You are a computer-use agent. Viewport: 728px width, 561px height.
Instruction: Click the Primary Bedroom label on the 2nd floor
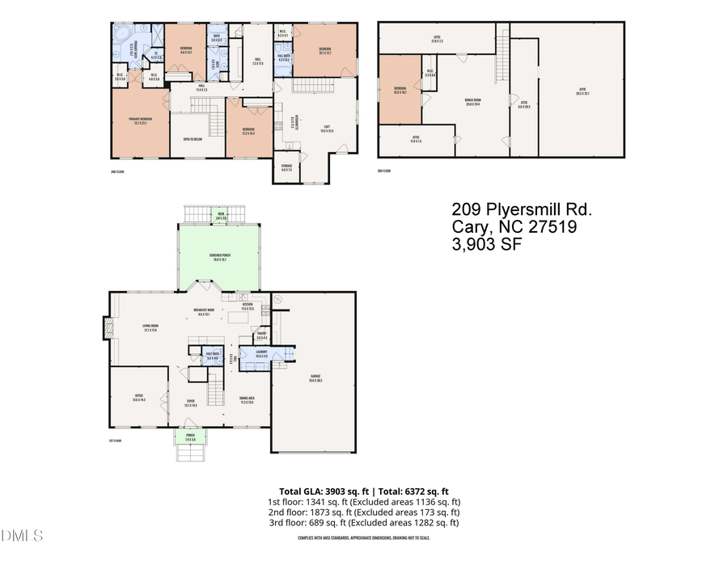coord(141,122)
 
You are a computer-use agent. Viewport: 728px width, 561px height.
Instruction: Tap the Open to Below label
coord(193,138)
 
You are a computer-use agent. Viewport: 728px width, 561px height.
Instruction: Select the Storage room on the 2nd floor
coord(286,168)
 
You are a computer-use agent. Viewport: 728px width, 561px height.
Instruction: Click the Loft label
coord(327,129)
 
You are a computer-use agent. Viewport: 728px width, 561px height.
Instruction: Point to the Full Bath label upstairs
coord(283,57)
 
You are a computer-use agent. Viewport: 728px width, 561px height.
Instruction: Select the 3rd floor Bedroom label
coord(400,90)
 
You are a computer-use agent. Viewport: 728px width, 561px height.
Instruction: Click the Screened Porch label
coord(219,258)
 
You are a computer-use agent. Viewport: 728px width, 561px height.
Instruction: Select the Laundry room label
coord(261,354)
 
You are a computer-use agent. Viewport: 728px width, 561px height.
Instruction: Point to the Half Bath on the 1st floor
coord(213,356)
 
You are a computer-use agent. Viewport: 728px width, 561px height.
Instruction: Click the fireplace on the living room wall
coord(106,327)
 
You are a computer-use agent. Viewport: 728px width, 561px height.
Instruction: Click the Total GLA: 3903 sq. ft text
coord(323,491)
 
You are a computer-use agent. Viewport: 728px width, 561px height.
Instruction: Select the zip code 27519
coord(549,228)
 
